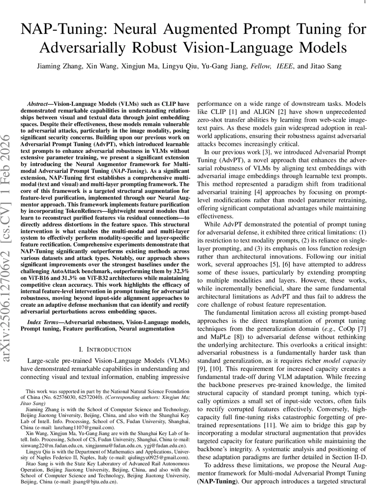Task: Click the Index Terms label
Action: (x=44, y=322)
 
